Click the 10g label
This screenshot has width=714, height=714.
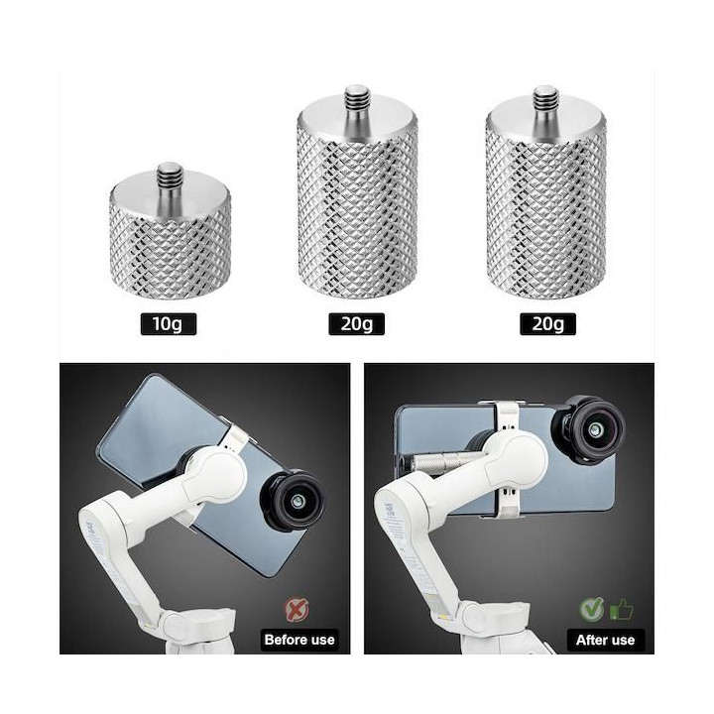169,324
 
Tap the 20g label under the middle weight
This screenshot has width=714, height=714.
357,324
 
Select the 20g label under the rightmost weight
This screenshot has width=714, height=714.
547,324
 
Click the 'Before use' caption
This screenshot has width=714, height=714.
299,640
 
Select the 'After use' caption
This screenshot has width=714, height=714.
606,640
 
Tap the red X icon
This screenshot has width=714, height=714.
297,609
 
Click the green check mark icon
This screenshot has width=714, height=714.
591,609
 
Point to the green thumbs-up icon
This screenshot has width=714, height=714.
621,609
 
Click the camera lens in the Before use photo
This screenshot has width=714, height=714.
294,502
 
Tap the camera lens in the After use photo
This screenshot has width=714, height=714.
588,429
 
